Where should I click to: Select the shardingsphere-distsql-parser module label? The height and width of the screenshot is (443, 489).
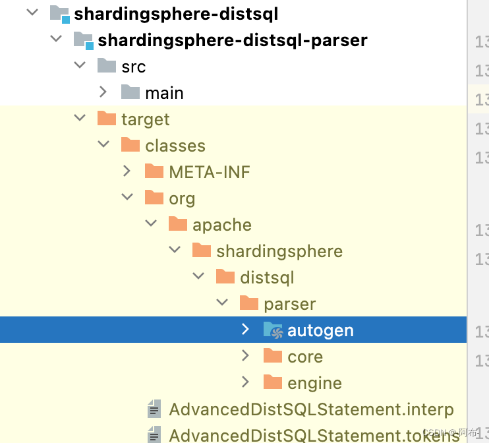click(x=233, y=40)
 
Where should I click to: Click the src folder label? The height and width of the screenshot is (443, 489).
click(x=134, y=67)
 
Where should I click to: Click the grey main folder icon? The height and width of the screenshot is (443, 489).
click(x=130, y=92)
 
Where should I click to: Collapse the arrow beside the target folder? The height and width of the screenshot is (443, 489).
click(x=80, y=119)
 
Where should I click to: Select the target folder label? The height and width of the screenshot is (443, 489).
click(x=146, y=119)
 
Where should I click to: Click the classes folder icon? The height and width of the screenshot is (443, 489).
click(x=130, y=145)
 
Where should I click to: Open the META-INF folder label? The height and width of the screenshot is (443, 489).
click(x=210, y=172)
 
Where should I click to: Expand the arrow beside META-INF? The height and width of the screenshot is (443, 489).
click(x=127, y=171)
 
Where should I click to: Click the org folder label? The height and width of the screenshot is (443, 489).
click(x=182, y=198)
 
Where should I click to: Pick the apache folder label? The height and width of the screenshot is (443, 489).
click(x=222, y=225)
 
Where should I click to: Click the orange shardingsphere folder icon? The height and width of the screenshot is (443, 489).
click(x=201, y=251)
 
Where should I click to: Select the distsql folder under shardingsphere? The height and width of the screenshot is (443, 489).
click(x=267, y=278)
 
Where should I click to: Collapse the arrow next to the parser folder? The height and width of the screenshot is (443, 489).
click(x=222, y=303)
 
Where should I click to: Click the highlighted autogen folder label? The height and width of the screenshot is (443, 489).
click(x=320, y=330)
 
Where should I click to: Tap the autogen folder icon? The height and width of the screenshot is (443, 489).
click(x=272, y=330)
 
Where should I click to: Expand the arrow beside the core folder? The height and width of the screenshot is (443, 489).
click(x=246, y=356)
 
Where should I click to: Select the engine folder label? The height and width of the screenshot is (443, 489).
click(x=314, y=383)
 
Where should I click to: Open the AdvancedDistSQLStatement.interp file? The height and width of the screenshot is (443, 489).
click(x=311, y=409)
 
